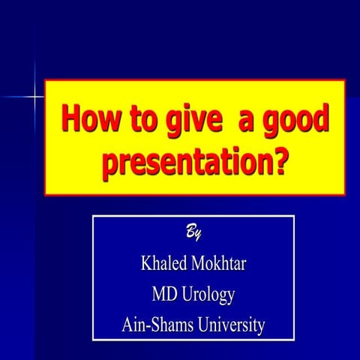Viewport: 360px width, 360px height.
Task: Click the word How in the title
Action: pyautogui.click(x=89, y=120)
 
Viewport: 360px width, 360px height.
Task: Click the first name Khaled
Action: pyautogui.click(x=164, y=264)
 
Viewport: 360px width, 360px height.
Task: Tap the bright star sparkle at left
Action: pyautogui.click(x=33, y=96)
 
